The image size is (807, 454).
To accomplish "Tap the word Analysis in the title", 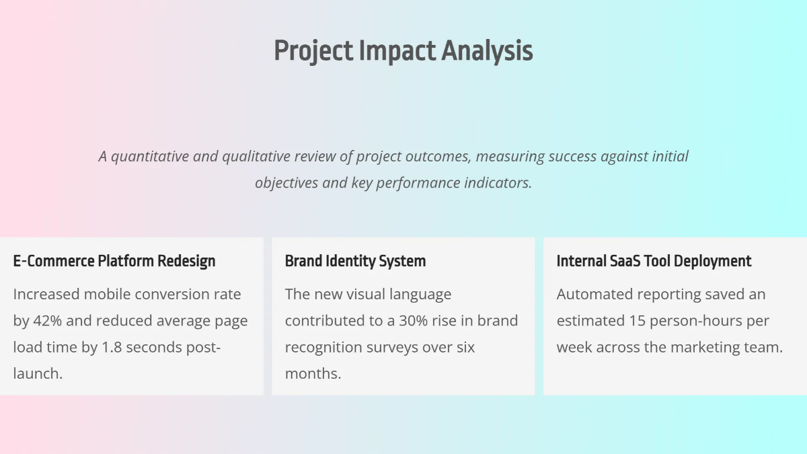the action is coord(487,51).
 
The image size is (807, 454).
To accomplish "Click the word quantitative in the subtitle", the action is coord(150,157).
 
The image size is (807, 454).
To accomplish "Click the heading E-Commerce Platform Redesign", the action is coord(114,261).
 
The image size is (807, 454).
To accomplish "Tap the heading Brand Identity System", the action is coord(355,261).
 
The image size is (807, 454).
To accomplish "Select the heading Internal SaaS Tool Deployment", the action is coord(654,261).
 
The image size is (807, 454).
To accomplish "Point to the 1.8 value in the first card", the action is coord(112,347).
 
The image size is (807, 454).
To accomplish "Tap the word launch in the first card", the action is coord(36,374).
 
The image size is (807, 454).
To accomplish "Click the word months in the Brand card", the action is coord(311,374).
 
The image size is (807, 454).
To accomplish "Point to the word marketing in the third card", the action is coord(705,348).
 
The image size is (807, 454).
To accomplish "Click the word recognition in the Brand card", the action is coord(323,348).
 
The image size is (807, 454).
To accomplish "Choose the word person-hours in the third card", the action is coord(695,321).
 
